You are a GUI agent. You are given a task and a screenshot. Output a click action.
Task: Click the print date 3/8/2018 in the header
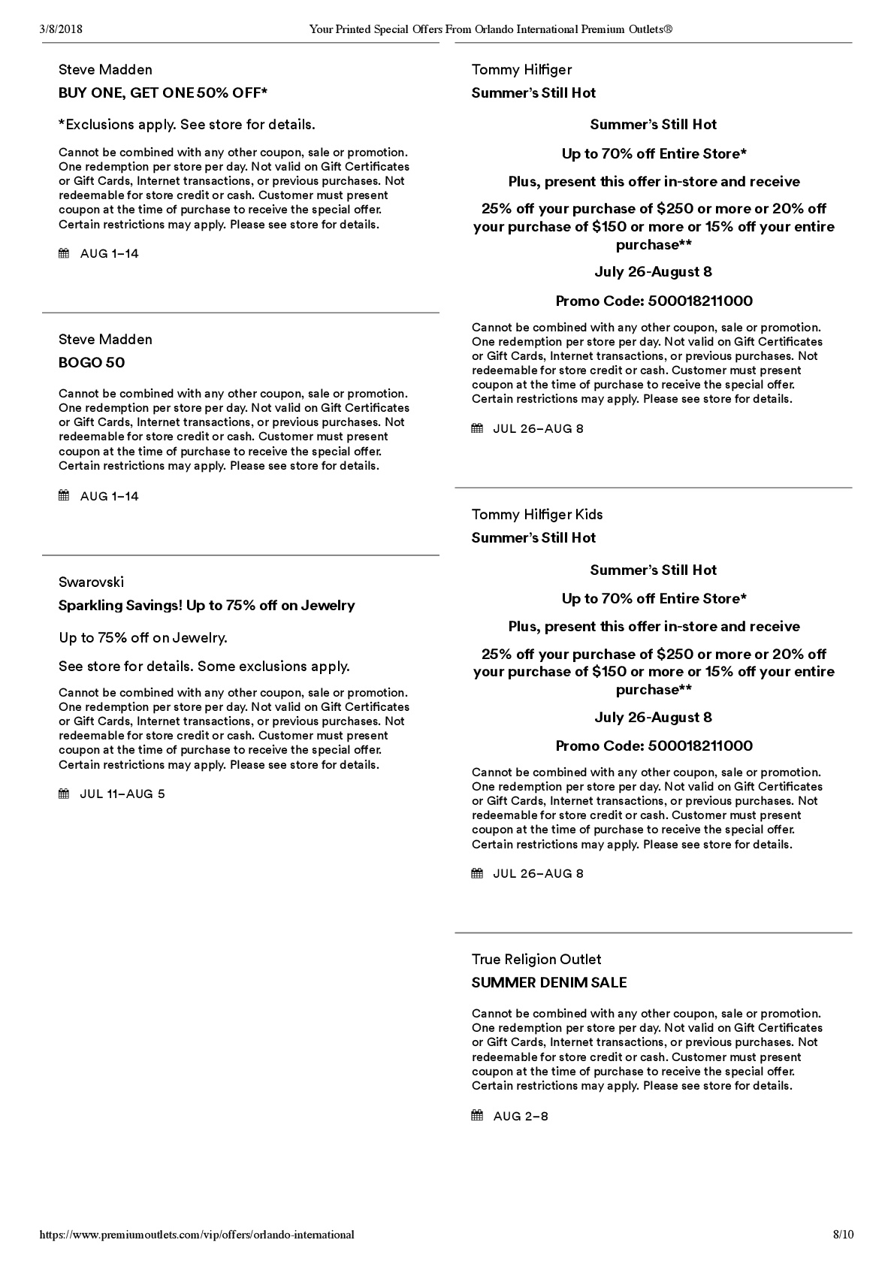pos(60,29)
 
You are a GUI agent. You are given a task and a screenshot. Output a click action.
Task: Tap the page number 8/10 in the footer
pos(844,1234)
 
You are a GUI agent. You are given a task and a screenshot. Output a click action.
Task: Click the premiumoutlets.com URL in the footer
pos(196,1234)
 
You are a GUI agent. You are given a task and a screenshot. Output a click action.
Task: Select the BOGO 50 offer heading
pos(92,363)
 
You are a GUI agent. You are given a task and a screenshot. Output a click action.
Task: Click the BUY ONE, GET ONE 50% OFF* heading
pos(163,93)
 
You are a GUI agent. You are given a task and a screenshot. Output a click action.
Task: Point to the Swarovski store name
pos(91,582)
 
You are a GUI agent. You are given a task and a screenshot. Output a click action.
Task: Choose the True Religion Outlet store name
pos(536,959)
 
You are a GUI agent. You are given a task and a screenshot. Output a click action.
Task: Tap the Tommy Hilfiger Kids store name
pos(537,514)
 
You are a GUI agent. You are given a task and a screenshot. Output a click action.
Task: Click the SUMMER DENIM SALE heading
pos(549,982)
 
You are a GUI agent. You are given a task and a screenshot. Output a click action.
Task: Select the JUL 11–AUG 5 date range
pos(122,794)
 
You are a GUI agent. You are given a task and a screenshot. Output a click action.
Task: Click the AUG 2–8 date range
pos(521,1116)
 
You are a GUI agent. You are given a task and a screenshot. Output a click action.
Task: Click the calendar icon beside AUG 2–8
pos(477,1115)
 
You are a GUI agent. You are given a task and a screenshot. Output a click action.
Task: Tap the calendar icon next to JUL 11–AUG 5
pos(64,794)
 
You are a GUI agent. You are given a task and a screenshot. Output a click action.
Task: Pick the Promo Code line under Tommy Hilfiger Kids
pos(654,745)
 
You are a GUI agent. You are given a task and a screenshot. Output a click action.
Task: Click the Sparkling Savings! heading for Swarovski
pos(207,605)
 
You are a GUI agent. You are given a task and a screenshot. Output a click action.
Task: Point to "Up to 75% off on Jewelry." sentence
pos(143,637)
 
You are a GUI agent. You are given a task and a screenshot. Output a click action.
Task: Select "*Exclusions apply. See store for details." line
pos(186,124)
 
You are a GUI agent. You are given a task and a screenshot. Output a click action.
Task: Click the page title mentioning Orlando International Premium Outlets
pos(491,29)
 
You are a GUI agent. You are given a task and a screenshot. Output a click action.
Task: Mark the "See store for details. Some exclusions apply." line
pos(204,666)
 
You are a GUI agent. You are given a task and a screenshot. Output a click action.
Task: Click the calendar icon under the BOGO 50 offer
pos(64,495)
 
